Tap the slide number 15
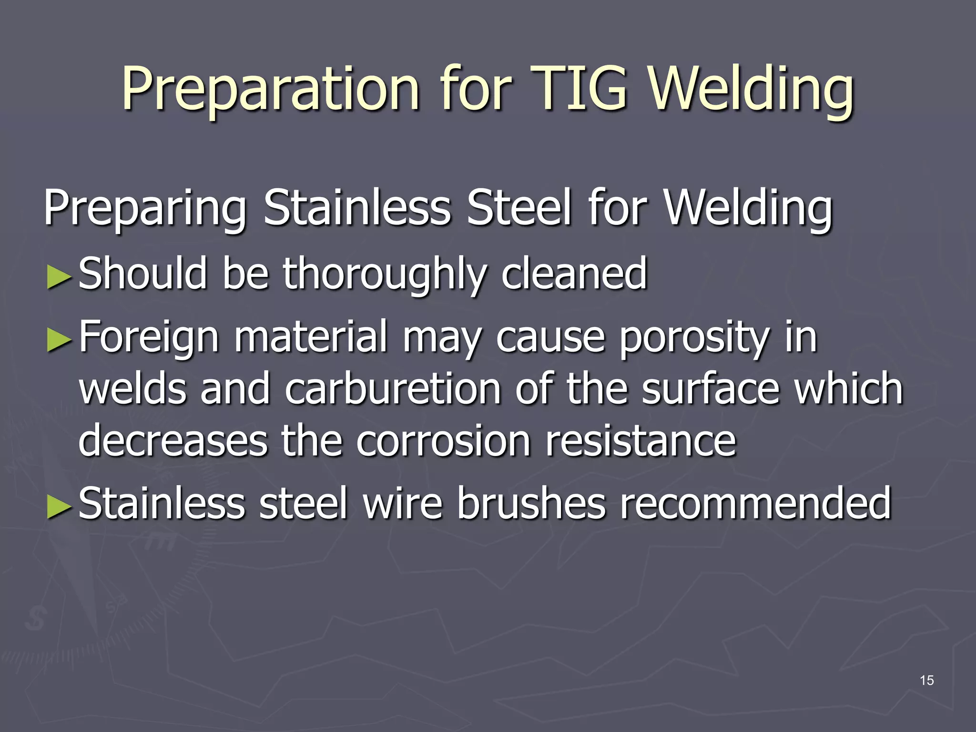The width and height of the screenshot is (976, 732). point(926,681)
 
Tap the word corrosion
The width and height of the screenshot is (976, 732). point(443,441)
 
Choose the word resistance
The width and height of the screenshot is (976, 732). point(640,441)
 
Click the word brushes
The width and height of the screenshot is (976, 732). point(531,503)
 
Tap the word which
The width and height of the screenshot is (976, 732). point(848,389)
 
